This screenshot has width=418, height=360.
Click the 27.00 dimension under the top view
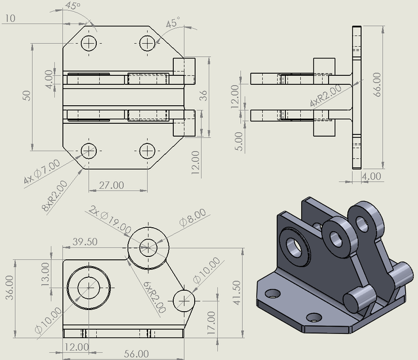tap(111, 184)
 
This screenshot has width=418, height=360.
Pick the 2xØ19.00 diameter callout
tap(110, 220)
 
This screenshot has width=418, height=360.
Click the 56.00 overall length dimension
tap(136, 353)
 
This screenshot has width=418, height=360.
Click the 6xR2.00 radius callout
tap(153, 298)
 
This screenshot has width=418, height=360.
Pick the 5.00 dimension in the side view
tap(240, 141)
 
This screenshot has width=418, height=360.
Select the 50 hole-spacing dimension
tap(26, 95)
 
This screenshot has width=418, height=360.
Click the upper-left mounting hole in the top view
tap(89, 43)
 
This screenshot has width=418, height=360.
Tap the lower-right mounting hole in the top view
tap(147, 150)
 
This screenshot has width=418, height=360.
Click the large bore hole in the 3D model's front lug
tap(295, 247)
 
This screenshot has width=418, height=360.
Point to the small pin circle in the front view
tap(183, 300)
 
